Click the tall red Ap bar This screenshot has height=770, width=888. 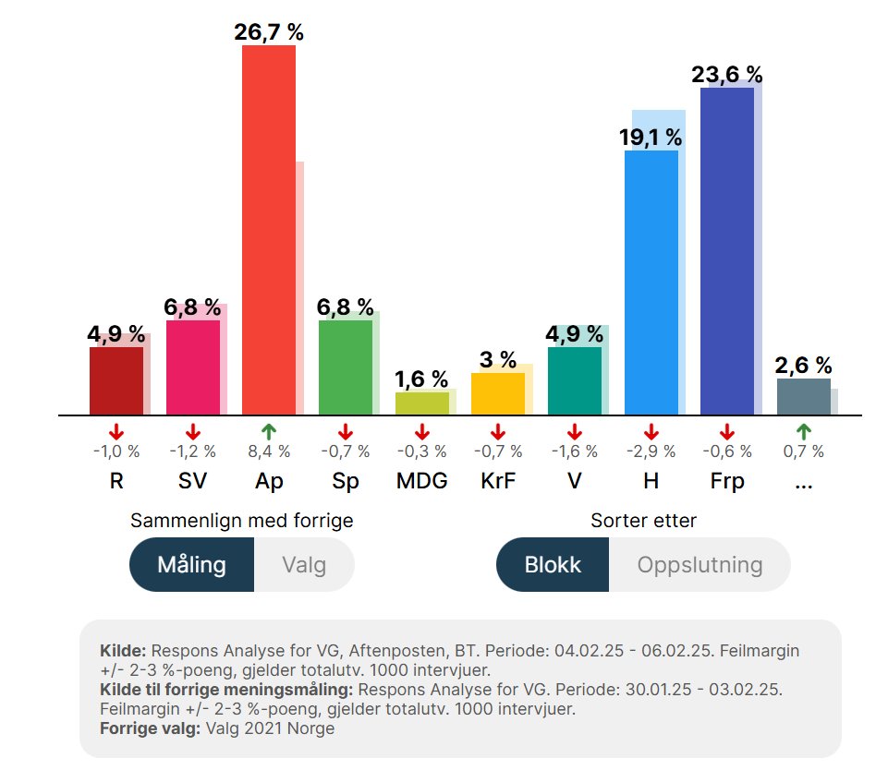tap(268, 231)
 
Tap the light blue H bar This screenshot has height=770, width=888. tap(651, 283)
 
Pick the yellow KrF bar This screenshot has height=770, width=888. tap(498, 393)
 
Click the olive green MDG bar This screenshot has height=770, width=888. tap(421, 403)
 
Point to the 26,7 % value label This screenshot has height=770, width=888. tap(269, 32)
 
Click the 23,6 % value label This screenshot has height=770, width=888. tap(727, 74)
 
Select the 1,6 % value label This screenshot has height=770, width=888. tap(421, 379)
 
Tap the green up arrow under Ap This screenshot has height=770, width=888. tap(269, 431)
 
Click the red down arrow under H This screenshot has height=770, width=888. tap(651, 431)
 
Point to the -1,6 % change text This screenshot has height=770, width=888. tap(575, 451)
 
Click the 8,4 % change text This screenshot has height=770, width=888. tap(269, 451)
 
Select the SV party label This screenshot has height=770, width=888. tap(192, 482)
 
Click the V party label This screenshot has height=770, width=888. tap(575, 482)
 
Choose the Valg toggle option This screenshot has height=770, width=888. tap(304, 564)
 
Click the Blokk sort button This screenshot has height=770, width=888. tap(553, 564)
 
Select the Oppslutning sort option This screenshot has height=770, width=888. tap(699, 564)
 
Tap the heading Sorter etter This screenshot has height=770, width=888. tap(643, 521)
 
